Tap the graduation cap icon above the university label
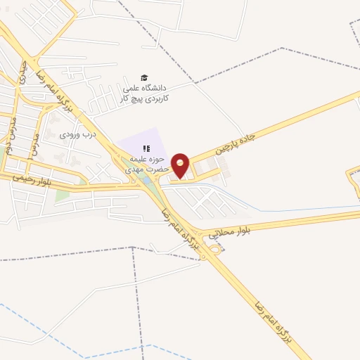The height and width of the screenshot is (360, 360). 144,77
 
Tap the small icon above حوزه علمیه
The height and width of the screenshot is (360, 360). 147,148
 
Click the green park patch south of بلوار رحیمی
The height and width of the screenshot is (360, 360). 62,193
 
